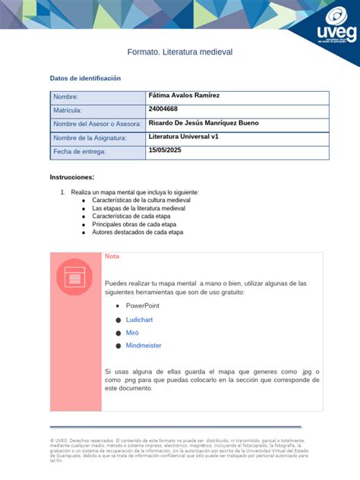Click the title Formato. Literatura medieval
point(179,52)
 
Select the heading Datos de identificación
point(85,78)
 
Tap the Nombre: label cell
point(65,97)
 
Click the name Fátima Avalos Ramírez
point(185,95)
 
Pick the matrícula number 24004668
point(164,109)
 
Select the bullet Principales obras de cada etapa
point(134,224)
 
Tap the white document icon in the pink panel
point(74,277)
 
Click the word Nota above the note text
point(112,256)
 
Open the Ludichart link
point(139,320)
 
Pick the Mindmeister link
point(144,346)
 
